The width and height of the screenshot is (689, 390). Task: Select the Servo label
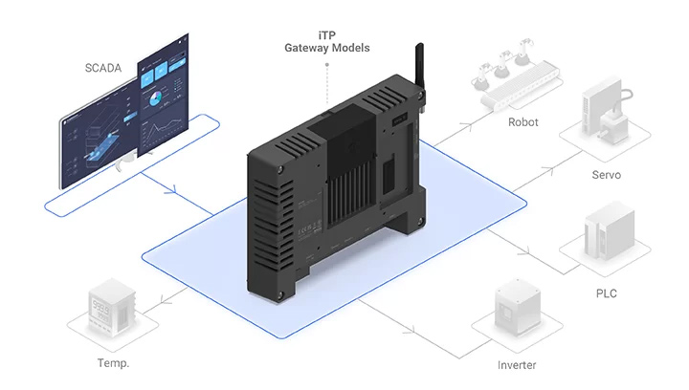click(606, 175)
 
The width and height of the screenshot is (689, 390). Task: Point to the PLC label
click(606, 293)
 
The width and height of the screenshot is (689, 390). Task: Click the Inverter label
click(517, 365)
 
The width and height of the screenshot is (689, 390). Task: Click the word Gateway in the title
click(302, 47)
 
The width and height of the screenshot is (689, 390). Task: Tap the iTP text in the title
click(327, 33)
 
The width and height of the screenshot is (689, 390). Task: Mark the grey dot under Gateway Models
click(327, 65)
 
